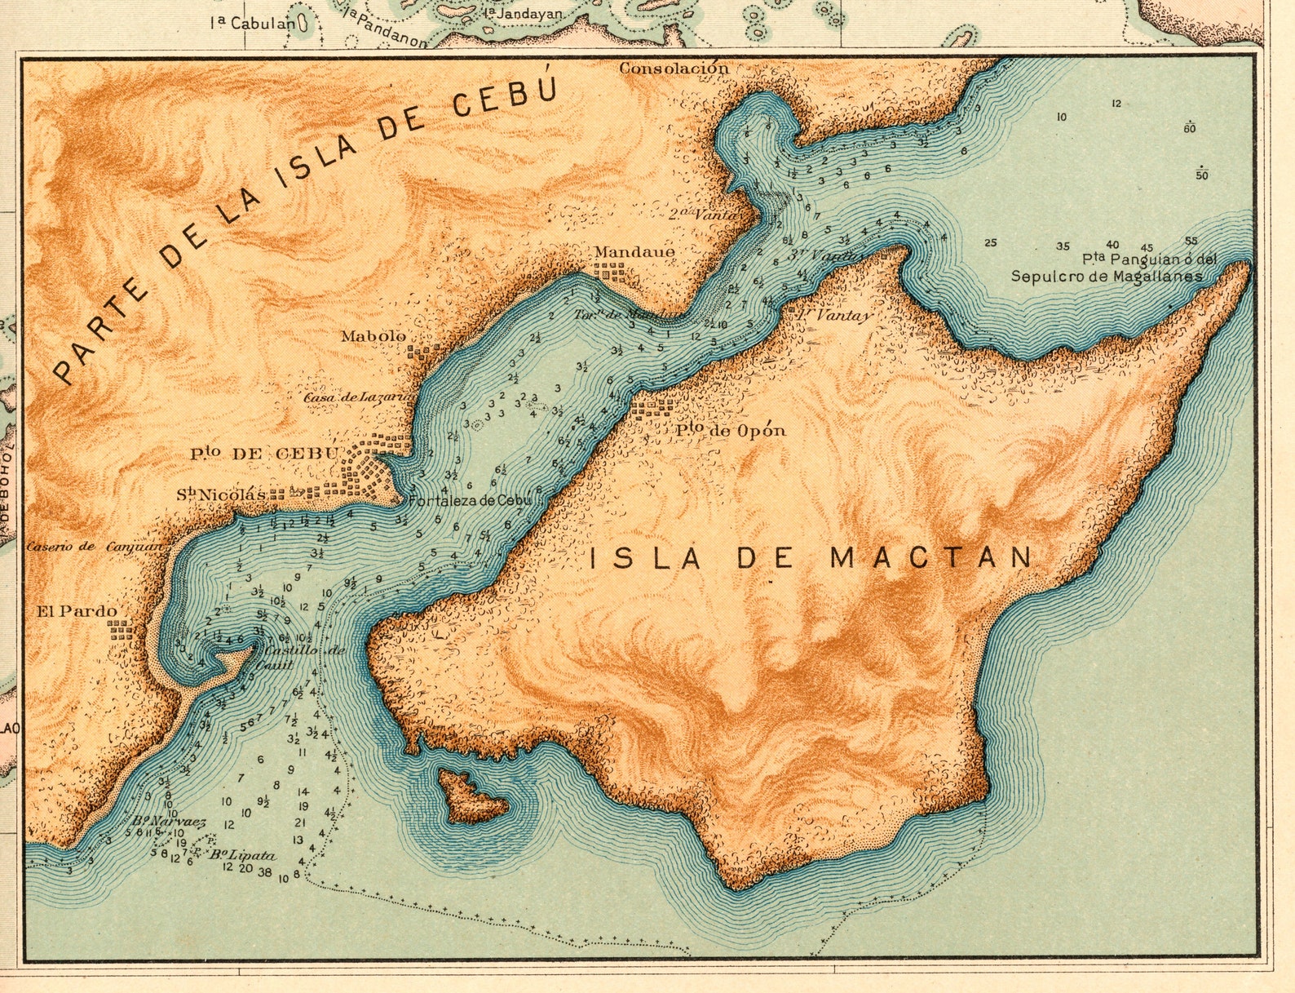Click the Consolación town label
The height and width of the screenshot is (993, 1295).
pos(674,69)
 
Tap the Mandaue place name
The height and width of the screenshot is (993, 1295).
pos(634,252)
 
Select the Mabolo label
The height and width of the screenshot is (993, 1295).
pos(373,336)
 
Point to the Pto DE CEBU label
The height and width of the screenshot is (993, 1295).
pos(265,454)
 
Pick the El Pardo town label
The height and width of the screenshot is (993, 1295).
pos(77,611)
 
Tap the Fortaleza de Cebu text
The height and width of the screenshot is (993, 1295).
pos(468,500)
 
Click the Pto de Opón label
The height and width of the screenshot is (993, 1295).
pos(731,430)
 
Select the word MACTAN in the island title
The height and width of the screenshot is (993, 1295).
pos(931,558)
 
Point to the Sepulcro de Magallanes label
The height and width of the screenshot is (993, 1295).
pos(1107,277)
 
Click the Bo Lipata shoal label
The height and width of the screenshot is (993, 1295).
pos(242,856)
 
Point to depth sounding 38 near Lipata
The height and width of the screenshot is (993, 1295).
pos(264,872)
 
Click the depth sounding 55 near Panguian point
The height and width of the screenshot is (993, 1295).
pos(1191,242)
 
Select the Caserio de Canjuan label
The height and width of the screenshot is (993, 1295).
pos(96,547)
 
